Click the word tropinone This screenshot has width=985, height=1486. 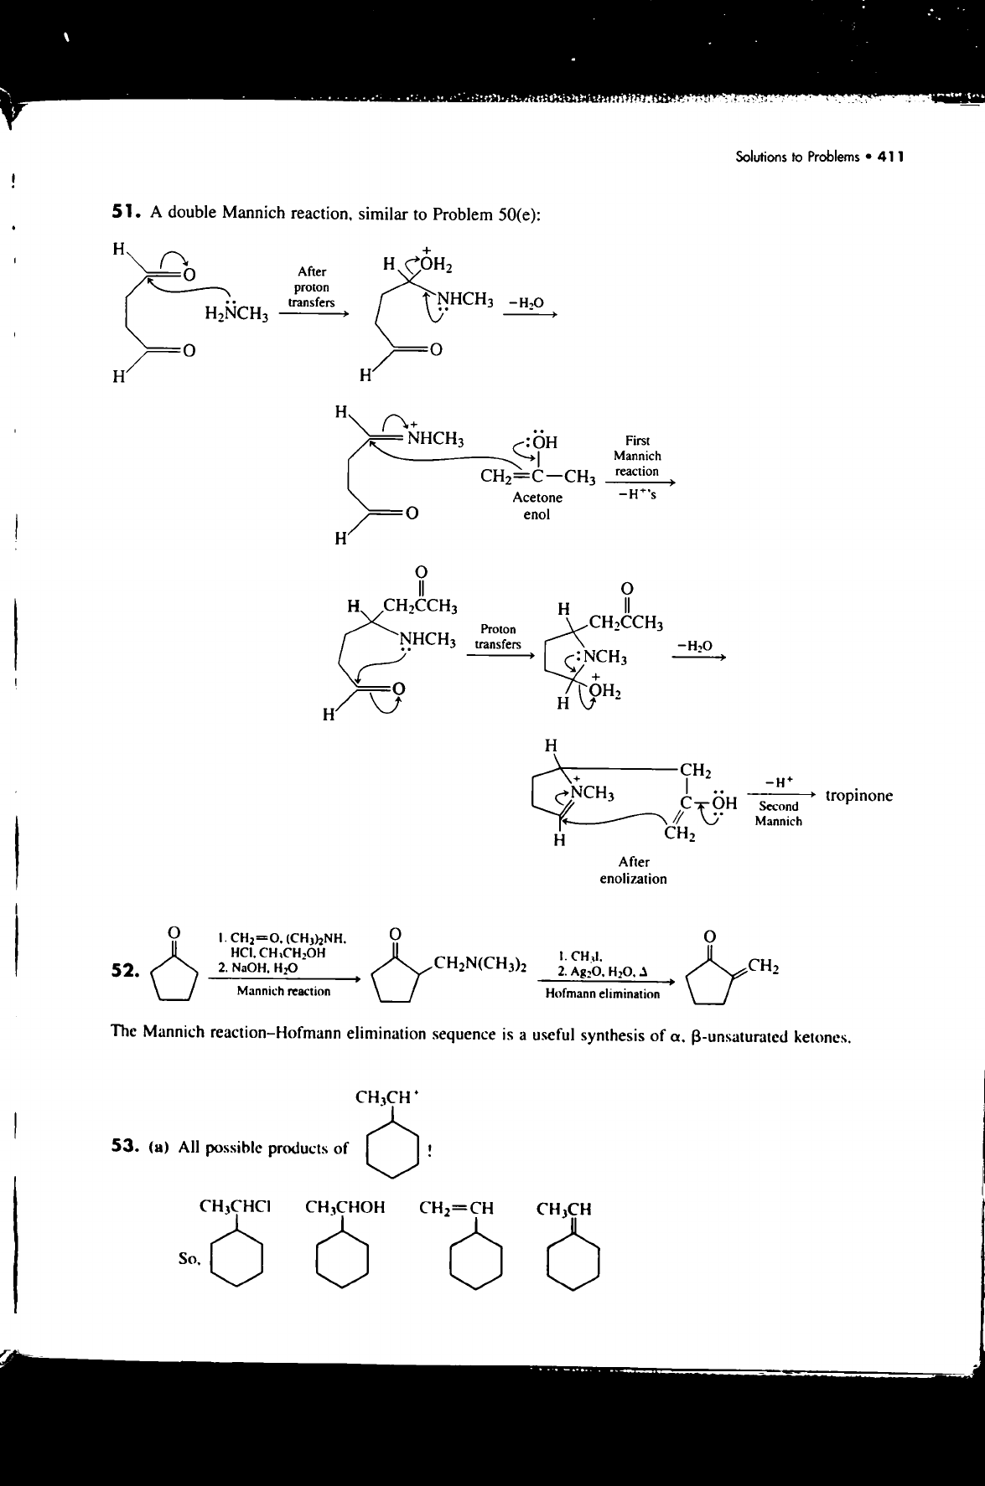coord(858,795)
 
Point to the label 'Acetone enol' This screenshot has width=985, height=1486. coord(537,506)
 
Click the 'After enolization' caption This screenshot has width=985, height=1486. coord(633,869)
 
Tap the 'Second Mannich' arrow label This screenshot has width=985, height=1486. coord(778,813)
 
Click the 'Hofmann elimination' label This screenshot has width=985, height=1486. coord(602,994)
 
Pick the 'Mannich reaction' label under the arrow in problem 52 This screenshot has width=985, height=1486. coord(283,991)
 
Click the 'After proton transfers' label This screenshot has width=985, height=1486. coord(311,286)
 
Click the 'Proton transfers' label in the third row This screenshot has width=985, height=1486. coord(498,637)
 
